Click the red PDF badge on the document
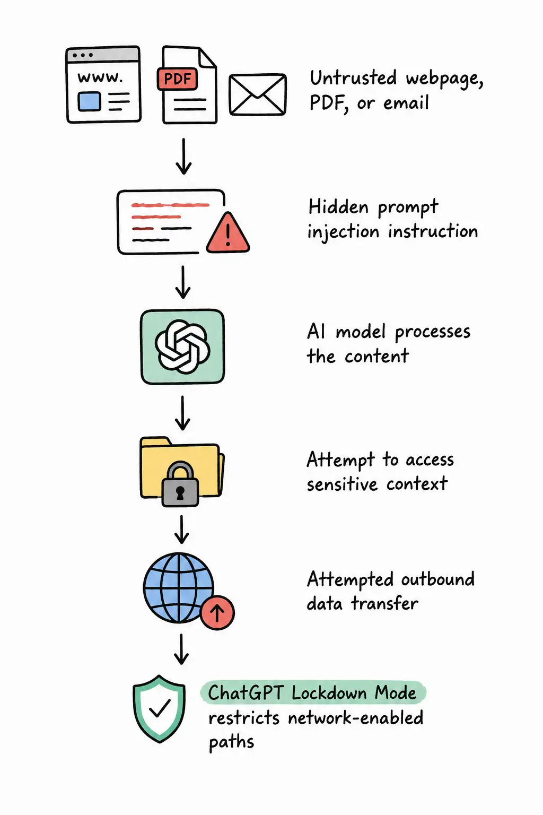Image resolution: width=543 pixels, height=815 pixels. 177,79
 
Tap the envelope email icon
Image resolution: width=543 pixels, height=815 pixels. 258,94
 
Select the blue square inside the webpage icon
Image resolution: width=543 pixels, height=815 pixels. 89,101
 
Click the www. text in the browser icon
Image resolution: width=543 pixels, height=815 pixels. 100,77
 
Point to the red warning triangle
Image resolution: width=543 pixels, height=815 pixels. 228,233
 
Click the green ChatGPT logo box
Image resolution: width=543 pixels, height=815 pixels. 182,346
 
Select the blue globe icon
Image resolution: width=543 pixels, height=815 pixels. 178,587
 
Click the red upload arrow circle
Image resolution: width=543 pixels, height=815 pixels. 217,613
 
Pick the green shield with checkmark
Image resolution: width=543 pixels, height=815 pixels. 159,708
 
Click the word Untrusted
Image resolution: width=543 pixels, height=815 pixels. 353,78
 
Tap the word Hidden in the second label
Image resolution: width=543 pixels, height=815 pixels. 338,207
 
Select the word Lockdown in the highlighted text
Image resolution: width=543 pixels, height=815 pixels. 328,692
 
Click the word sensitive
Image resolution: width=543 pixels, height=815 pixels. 342,484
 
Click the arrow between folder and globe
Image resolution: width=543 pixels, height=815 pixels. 181,529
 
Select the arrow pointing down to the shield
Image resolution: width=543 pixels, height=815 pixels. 181,649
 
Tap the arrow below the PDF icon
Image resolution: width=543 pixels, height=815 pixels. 183,156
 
